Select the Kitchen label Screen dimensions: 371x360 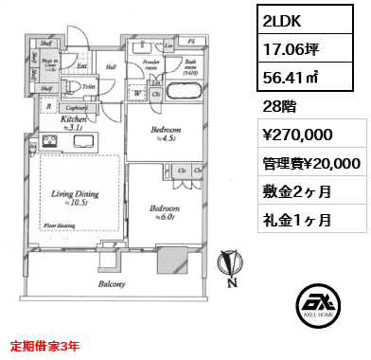coord(75,122)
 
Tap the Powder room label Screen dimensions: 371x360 coord(150,65)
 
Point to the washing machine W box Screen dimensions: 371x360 coord(139,93)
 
